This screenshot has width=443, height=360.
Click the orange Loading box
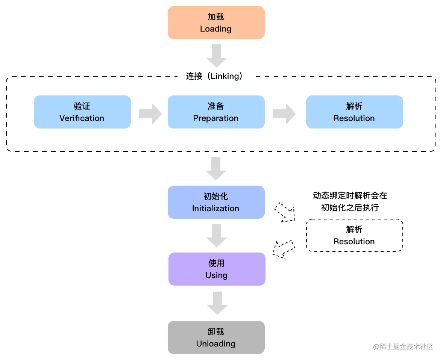[216, 23]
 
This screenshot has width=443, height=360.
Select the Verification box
[82, 112]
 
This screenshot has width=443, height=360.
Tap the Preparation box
[216, 112]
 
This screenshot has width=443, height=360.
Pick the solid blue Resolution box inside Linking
[354, 112]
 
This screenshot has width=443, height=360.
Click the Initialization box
[216, 202]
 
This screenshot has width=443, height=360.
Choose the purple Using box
[217, 269]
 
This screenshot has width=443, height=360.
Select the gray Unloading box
[216, 337]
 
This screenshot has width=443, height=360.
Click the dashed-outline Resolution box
[354, 235]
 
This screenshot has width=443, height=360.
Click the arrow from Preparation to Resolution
[284, 114]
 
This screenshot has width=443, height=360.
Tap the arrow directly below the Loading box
[217, 56]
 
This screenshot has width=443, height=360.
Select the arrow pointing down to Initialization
[216, 168]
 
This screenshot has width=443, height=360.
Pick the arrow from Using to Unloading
[217, 303]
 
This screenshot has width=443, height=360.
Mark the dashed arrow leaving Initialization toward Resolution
[285, 212]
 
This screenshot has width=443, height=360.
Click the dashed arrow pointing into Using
[283, 249]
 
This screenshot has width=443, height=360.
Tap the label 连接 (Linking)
[215, 76]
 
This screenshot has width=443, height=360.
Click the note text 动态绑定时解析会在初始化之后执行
[350, 201]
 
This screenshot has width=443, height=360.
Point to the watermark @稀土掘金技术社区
[403, 346]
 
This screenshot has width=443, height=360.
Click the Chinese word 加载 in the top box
[216, 17]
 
